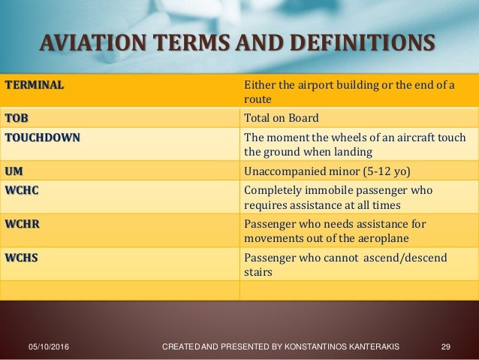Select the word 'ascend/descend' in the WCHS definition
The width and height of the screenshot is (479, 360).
click(x=394, y=258)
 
